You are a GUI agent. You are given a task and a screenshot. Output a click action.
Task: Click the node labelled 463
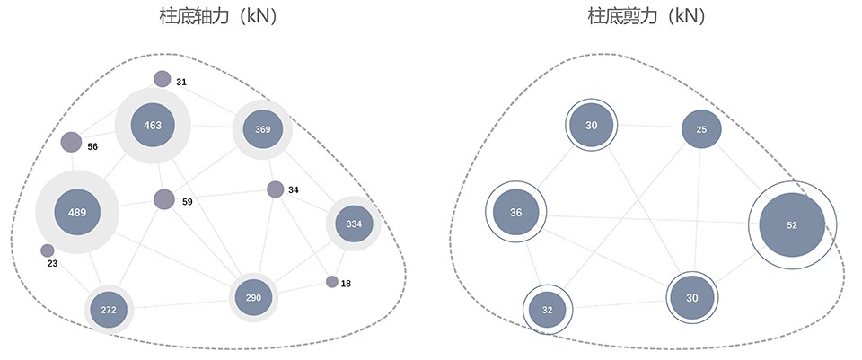click(153, 126)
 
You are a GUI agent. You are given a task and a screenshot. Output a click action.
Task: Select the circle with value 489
click(77, 212)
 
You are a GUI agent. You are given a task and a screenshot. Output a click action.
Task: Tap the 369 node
click(263, 129)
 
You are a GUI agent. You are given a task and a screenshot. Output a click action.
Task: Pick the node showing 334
click(354, 224)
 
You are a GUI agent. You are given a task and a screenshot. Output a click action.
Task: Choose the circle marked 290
click(253, 297)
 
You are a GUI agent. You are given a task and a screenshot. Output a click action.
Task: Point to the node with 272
click(109, 310)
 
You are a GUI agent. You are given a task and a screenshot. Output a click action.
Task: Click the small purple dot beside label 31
click(163, 79)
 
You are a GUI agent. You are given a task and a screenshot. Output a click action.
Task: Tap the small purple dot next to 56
click(71, 143)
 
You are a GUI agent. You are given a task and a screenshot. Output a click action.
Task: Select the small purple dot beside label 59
click(164, 199)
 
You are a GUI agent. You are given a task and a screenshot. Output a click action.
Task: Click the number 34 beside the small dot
click(294, 190)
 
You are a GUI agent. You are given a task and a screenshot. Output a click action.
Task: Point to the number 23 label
click(52, 264)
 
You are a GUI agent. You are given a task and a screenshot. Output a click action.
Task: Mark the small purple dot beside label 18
click(332, 282)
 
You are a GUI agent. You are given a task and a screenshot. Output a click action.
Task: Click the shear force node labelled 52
click(792, 224)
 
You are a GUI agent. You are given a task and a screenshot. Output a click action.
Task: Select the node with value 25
click(701, 129)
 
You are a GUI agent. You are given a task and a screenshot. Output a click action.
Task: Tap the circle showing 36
click(515, 212)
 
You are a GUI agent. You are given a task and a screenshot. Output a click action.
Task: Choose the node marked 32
click(548, 310)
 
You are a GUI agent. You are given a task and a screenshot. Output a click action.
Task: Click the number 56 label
click(92, 146)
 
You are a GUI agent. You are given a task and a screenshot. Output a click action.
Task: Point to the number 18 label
click(346, 284)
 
